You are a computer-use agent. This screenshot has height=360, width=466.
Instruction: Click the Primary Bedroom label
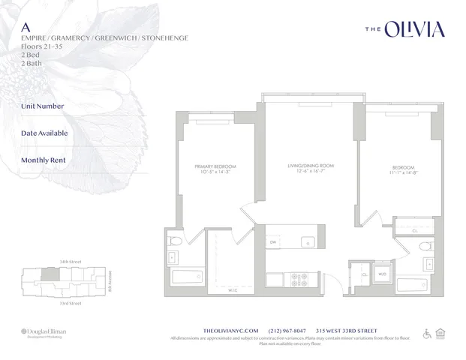coord(215,169)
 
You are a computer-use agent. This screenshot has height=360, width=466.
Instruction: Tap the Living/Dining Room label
coord(311,168)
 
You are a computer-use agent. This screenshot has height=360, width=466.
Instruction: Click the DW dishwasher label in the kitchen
coord(273,242)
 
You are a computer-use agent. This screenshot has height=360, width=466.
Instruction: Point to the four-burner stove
coord(300,280)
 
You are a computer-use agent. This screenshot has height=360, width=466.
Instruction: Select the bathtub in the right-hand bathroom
coord(416,285)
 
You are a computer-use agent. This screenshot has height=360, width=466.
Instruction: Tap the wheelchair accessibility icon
coord(428,334)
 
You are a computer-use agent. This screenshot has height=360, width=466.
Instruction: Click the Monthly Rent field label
coord(44,160)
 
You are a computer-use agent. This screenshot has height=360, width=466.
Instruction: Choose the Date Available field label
coord(44,133)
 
